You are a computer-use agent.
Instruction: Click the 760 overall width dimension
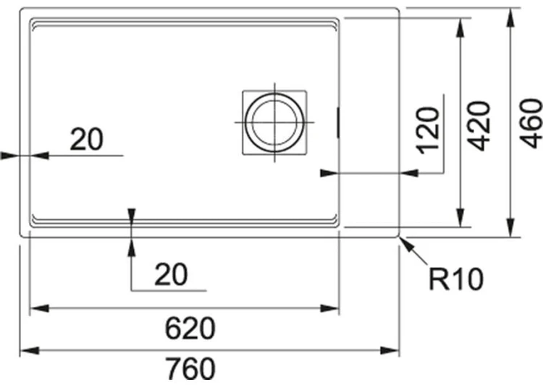[x=190, y=369]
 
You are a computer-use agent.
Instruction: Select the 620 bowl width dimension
[x=190, y=329]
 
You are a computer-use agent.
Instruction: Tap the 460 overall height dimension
[x=531, y=123]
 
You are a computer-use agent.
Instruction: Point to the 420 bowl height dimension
[x=479, y=126]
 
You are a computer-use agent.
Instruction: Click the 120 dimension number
[x=428, y=130]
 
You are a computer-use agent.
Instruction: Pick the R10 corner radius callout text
[x=455, y=279]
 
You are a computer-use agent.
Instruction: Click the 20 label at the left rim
[x=87, y=139]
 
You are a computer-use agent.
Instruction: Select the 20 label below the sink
[x=171, y=274]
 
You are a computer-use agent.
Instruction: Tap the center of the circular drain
[x=274, y=122]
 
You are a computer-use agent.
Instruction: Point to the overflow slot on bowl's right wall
[x=337, y=123]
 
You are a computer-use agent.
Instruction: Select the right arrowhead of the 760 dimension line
[x=390, y=350]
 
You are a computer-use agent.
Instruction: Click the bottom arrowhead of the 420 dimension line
[x=460, y=218]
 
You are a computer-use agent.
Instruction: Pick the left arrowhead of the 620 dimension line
[x=40, y=308]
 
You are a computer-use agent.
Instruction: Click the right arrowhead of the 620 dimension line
[x=329, y=308]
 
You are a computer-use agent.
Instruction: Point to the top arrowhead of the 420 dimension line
[x=460, y=27]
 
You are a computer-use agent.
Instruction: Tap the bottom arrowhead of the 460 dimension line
[x=510, y=228]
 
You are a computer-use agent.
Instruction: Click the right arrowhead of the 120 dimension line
[x=408, y=172]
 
